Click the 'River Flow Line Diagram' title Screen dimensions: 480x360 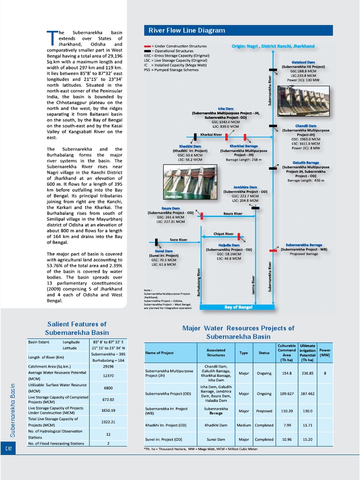coord(187,30)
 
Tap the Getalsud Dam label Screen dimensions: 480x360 coord(303,62)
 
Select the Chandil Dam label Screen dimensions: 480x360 coord(305,126)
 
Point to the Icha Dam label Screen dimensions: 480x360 coord(225,109)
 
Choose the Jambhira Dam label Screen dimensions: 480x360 coord(245,187)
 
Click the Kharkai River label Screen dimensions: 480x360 coord(211,135)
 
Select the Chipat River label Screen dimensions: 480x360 coord(224,233)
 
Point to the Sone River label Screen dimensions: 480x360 coord(178,240)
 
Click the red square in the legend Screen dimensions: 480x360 coord(147,46)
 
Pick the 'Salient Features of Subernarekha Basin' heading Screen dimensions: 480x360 coord(77,328)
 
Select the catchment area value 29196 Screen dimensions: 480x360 coord(108,366)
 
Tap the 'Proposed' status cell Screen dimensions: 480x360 coord(264,411)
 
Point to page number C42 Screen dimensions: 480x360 coord(8,449)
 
